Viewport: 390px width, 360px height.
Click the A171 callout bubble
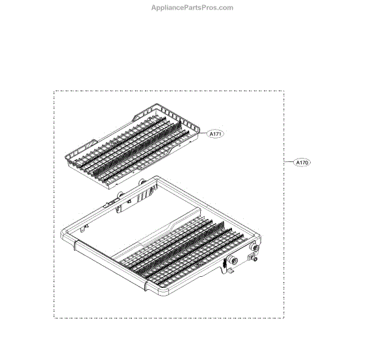(x=215, y=134)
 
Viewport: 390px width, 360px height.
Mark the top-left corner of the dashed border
(x=54, y=92)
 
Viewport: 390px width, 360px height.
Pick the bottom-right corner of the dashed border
(x=283, y=317)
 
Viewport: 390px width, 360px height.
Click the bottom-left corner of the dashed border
(x=54, y=317)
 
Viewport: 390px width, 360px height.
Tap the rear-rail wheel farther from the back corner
(x=120, y=196)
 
